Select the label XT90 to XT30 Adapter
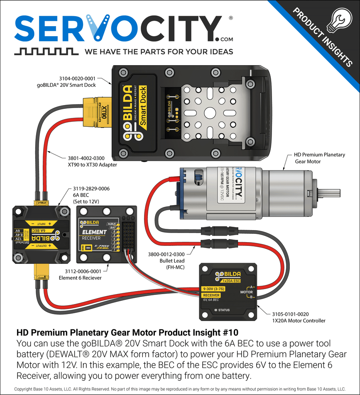tap(92, 164)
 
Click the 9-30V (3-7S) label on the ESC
tap(216, 288)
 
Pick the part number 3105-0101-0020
tap(290, 314)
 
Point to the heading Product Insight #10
tap(127, 333)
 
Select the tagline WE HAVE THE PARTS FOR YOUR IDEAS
tap(159, 52)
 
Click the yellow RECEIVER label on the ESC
tap(211, 295)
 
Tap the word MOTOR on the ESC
tap(247, 292)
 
